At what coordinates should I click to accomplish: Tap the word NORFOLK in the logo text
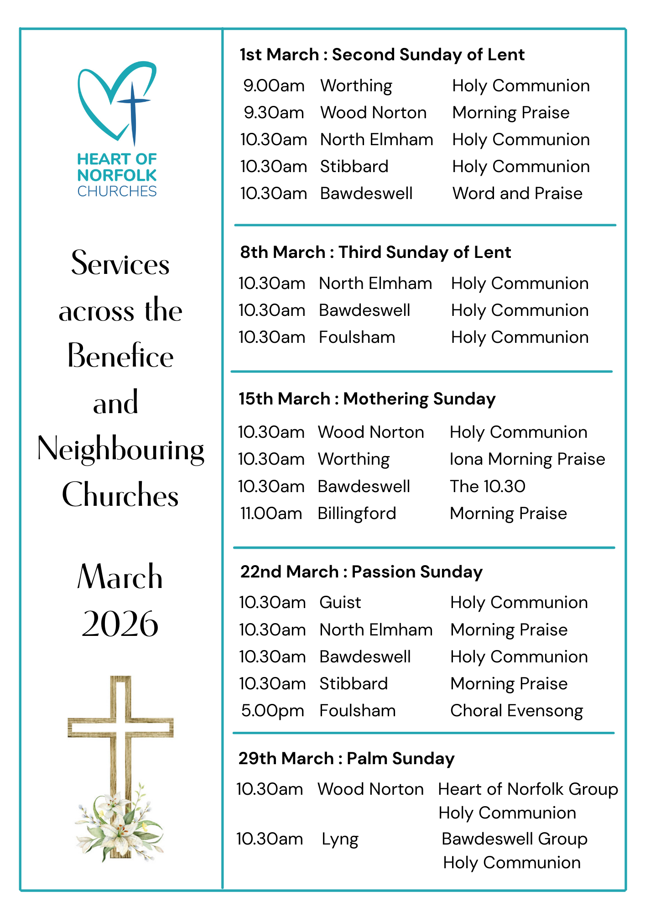pos(117,175)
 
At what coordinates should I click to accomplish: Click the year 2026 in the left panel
pos(120,624)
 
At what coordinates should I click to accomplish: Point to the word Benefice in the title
pos(120,356)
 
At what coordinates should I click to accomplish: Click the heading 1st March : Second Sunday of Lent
pos(382,55)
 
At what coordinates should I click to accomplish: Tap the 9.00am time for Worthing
pos(274,86)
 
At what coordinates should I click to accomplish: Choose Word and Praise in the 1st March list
pos(517,194)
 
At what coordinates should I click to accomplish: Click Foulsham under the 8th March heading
pos(357,337)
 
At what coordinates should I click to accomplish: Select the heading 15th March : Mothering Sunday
pos(367,399)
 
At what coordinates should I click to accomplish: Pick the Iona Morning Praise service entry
pos(527,459)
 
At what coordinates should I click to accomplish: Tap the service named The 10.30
pos(487,487)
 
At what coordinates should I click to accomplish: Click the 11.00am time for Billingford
pos(271,514)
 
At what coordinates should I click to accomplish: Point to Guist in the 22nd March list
pos(340,603)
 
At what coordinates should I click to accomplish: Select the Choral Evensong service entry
pos(516,711)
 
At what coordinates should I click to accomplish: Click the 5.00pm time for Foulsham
pos(272,711)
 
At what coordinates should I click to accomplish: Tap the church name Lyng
pos(340,839)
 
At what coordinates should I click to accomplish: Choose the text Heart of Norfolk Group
pos(528,789)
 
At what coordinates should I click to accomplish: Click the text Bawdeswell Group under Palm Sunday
pos(514,839)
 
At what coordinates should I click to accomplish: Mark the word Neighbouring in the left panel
pos(120,450)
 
